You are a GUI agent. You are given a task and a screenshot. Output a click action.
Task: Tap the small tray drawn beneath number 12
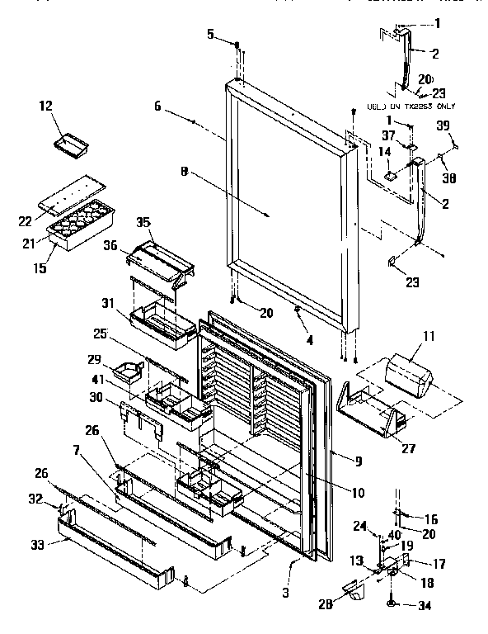(72, 147)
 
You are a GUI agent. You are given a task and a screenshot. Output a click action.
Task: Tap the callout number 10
(357, 493)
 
